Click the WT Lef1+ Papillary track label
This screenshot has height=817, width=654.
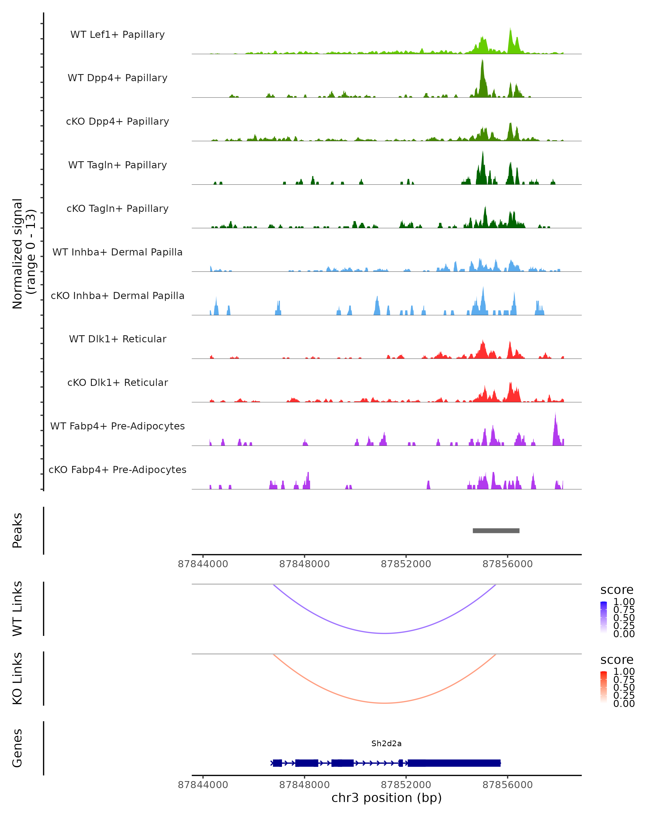[117, 35]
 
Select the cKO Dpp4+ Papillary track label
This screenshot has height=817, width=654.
[117, 121]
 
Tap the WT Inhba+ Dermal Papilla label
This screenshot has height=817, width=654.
[117, 252]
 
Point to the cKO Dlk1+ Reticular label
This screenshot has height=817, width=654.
[117, 382]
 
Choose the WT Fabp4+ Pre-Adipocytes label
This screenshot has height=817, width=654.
[117, 426]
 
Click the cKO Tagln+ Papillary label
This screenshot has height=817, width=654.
[117, 208]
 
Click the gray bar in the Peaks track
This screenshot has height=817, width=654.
[496, 531]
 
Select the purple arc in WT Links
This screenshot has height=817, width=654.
[384, 633]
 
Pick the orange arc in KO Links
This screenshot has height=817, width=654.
[384, 703]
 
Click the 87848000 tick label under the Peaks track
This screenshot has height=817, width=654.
[304, 564]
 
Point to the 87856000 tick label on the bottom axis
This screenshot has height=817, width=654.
[507, 785]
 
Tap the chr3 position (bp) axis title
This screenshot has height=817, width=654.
[386, 798]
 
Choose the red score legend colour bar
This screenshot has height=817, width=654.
[604, 687]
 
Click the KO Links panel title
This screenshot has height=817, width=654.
[17, 678]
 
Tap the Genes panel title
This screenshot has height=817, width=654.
[17, 748]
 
